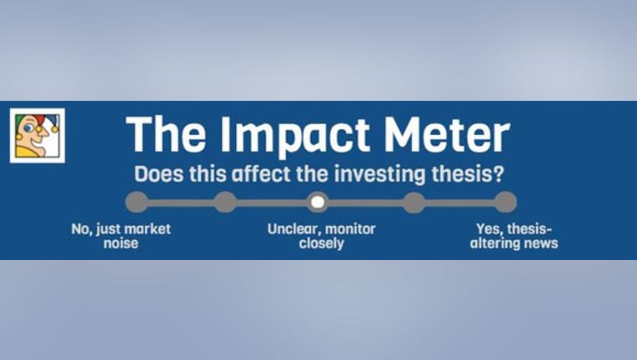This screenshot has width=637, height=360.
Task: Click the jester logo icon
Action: point(38,136)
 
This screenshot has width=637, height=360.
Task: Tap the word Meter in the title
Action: point(447,134)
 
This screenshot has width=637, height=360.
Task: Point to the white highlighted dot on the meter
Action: point(318,202)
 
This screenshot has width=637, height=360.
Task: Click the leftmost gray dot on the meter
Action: point(137,202)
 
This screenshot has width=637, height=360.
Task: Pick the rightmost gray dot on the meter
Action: point(505,202)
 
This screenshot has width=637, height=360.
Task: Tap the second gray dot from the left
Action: point(225,202)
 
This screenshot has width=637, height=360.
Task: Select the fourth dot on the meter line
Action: point(414,202)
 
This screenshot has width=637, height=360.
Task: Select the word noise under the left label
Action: point(121,243)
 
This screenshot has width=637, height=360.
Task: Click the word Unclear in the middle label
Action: point(293,229)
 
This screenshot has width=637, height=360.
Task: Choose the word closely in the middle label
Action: point(321,243)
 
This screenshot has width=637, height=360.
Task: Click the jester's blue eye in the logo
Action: point(28,128)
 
